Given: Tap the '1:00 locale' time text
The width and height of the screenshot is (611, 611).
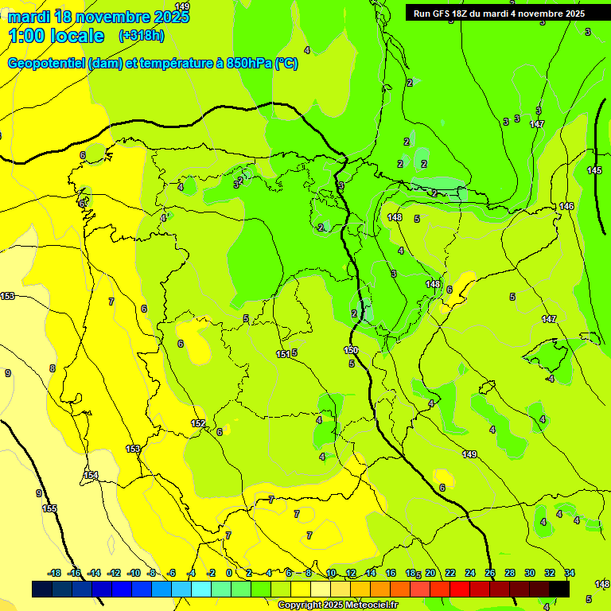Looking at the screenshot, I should (56, 36).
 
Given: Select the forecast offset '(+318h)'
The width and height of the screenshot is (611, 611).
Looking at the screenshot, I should (142, 36).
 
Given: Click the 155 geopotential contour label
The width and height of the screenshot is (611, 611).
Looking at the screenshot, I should (49, 508).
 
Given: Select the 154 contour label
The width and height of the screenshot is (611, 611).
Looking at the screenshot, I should (91, 475).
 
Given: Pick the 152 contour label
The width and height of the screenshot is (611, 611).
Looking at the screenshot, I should (198, 423).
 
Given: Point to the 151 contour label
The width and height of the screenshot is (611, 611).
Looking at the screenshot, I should (282, 354).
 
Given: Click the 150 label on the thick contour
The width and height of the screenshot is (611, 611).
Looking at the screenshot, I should (351, 350).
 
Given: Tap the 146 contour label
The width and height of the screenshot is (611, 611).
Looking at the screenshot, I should (566, 206).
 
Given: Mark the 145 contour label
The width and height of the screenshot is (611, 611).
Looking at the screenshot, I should (594, 171).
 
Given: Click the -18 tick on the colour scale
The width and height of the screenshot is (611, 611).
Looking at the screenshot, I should (55, 573).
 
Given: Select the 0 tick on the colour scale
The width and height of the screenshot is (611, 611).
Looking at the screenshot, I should (229, 573).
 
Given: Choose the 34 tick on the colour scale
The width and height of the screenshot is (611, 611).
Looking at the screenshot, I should (569, 573).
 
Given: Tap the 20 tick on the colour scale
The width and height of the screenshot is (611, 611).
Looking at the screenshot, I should (430, 573).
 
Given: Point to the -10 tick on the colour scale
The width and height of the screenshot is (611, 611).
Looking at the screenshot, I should (134, 573).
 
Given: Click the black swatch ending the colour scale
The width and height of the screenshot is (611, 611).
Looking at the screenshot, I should (559, 589).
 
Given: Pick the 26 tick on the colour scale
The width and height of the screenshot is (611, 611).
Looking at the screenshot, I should (490, 573).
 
